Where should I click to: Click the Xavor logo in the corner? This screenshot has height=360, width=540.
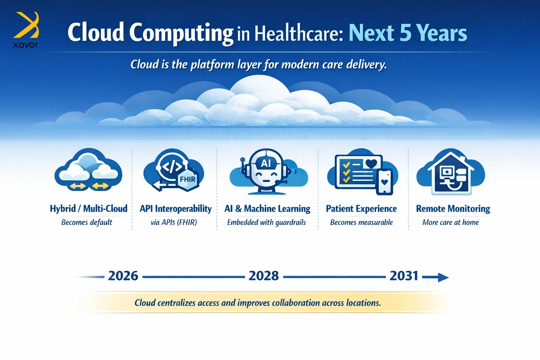(26, 30)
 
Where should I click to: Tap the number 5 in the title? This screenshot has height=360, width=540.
(405, 33)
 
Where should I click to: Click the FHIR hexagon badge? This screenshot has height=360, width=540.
(188, 179)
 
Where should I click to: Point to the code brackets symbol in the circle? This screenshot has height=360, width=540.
(172, 167)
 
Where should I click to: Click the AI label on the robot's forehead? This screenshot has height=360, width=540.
(266, 163)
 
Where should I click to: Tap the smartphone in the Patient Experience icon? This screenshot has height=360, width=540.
(385, 182)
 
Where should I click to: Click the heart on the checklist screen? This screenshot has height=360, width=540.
(371, 164)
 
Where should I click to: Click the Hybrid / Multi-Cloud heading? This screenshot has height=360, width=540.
(89, 208)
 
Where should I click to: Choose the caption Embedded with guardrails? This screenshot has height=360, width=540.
(266, 222)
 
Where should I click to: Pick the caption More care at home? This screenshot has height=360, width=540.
(451, 222)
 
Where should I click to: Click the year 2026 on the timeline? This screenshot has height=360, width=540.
(123, 276)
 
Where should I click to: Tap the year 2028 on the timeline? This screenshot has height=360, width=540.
(263, 276)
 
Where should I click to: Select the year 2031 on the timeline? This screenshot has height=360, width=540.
(404, 276)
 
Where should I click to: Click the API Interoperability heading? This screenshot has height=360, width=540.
(175, 209)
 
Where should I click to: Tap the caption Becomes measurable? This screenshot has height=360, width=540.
(361, 222)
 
